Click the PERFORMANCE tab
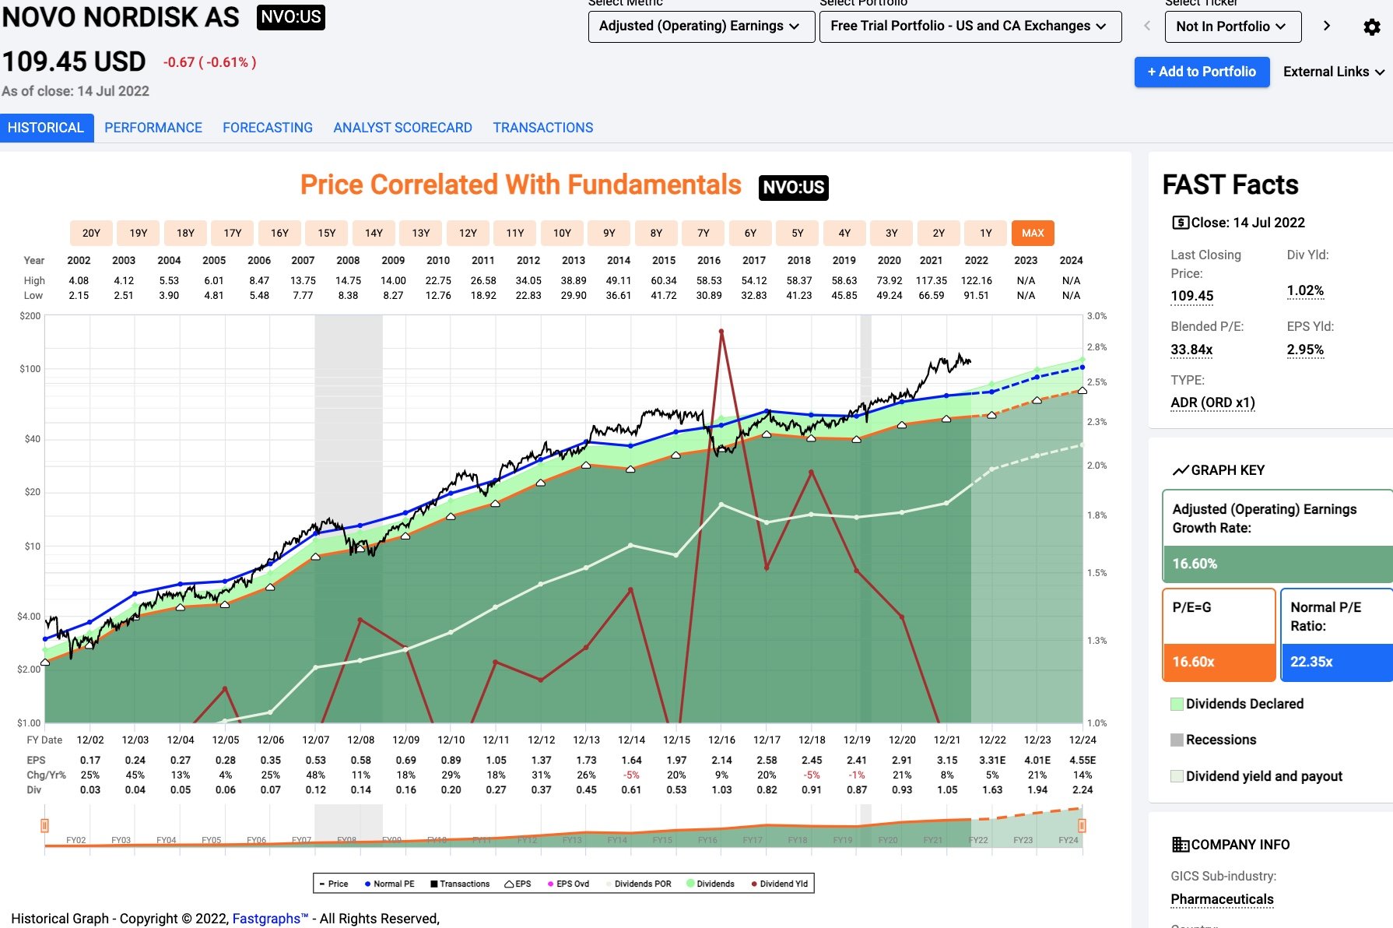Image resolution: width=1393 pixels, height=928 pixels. [x=153, y=128]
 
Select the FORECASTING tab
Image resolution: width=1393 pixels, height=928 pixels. [x=268, y=128]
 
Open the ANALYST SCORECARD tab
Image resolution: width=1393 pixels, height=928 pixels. [x=402, y=128]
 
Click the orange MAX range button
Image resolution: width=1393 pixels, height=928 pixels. [x=1033, y=233]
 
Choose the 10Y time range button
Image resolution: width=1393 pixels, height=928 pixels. [x=562, y=233]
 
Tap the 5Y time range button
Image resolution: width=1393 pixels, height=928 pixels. [x=798, y=233]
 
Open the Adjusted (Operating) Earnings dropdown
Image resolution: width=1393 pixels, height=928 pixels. [x=700, y=26]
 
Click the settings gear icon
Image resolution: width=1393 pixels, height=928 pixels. [x=1372, y=27]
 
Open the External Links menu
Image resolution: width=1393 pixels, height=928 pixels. [x=1333, y=72]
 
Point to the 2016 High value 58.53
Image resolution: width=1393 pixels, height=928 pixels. [x=709, y=280]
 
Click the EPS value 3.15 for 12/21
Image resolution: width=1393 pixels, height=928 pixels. [x=947, y=760]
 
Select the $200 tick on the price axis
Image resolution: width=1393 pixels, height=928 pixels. [x=30, y=316]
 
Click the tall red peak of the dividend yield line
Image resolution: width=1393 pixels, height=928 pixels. [x=721, y=332]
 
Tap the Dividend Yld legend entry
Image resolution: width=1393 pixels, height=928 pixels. [x=780, y=884]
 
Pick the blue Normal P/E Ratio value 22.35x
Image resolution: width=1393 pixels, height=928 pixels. [x=1312, y=662]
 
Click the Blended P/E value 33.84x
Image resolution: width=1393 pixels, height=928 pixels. [x=1191, y=350]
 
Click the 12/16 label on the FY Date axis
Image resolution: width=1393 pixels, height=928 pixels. [x=721, y=740]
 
